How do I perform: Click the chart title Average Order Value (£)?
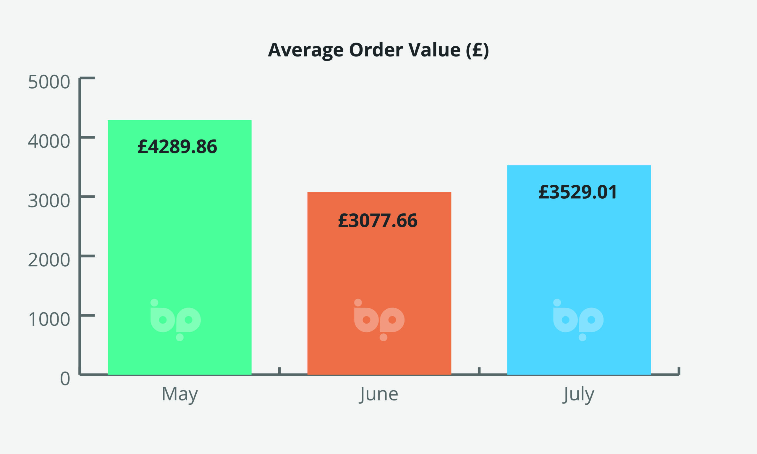(x=378, y=50)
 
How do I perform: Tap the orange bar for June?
(x=379, y=275)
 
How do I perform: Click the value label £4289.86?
(x=177, y=147)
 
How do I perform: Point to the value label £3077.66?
(x=378, y=220)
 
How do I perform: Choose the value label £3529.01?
(x=578, y=192)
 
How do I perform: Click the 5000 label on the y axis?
(x=49, y=82)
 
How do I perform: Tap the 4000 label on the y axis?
(x=49, y=141)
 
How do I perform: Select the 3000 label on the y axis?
(x=49, y=201)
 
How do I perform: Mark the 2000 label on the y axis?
(x=49, y=260)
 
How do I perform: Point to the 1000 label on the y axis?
(x=49, y=320)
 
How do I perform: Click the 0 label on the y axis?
(x=65, y=379)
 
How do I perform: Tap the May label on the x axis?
(x=179, y=394)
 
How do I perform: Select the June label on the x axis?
(x=379, y=394)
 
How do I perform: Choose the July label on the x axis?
(x=578, y=394)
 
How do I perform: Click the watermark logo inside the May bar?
(x=175, y=320)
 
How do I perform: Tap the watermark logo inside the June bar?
(x=379, y=320)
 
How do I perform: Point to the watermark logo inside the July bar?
(x=578, y=320)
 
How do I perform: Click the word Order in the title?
(x=376, y=50)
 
